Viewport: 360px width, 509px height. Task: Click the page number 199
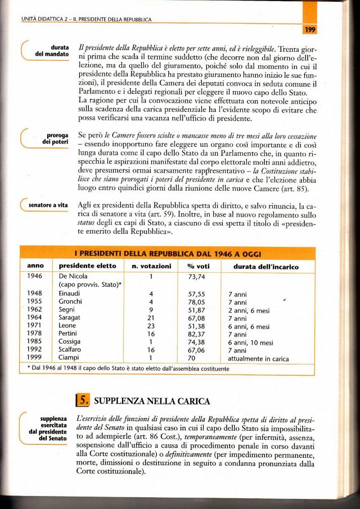308,30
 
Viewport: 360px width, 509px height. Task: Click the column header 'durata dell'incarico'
262,265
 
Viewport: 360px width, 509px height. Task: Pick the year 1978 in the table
35,334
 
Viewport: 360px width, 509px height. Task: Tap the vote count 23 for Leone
151,326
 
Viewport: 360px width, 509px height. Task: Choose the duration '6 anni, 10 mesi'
251,342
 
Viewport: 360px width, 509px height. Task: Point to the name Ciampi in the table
69,358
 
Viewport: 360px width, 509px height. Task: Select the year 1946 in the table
35,276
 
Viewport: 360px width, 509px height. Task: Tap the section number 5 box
82,400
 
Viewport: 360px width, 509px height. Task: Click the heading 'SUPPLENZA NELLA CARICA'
151,401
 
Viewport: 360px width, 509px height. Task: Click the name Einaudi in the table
70,294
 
